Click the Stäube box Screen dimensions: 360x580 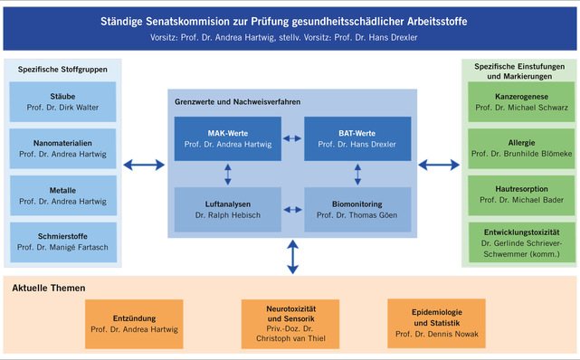[62, 100]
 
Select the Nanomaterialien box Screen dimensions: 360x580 [62, 147]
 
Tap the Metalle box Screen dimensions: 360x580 [62, 195]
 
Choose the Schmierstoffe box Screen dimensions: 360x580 [62, 242]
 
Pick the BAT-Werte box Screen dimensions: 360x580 [357, 138]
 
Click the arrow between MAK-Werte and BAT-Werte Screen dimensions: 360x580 [292, 138]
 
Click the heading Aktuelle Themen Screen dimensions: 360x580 [49, 289]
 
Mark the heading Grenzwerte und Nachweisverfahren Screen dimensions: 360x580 [237, 102]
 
